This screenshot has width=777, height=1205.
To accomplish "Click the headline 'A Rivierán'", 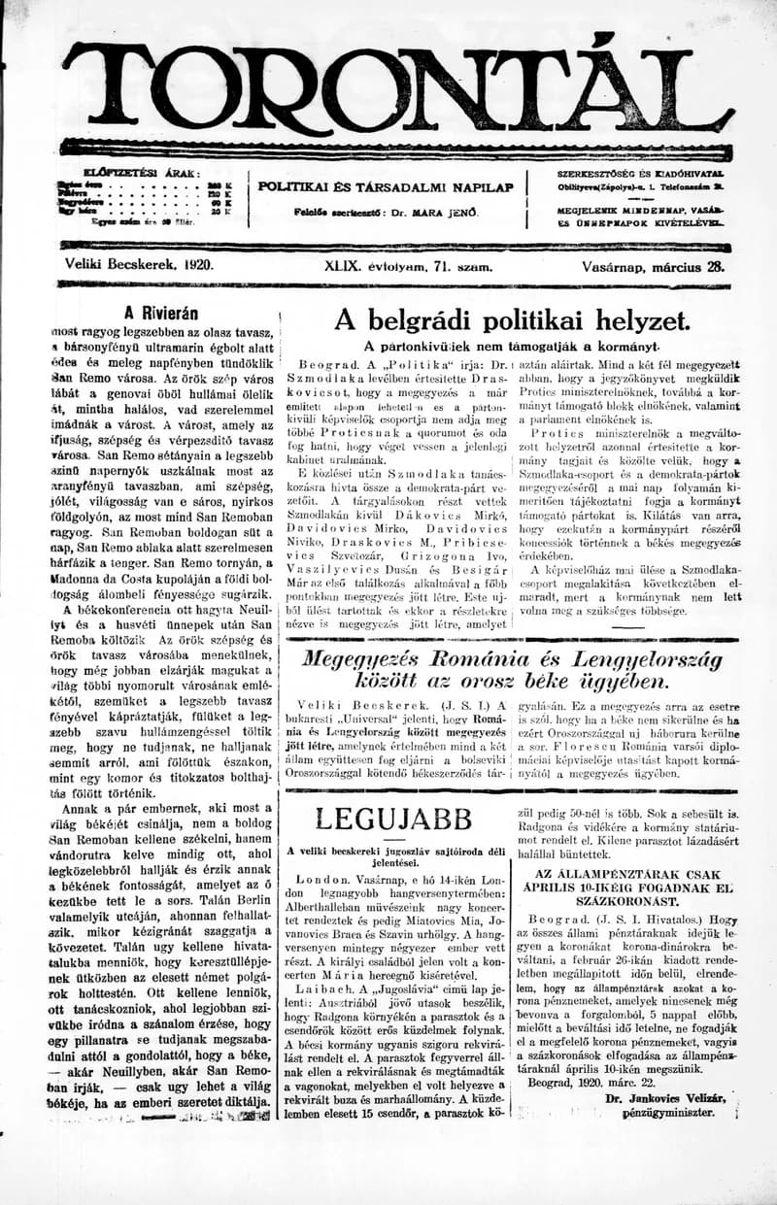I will click(x=161, y=313).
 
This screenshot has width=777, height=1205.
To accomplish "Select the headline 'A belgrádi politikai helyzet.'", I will click(x=512, y=321).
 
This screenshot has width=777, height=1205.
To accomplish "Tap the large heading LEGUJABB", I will click(x=392, y=818).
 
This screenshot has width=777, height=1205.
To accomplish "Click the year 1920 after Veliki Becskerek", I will click(x=196, y=264).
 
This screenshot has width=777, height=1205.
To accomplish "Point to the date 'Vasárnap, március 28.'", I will click(x=654, y=264).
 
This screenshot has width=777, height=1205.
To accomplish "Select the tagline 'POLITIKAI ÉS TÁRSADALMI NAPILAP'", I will click(x=386, y=187).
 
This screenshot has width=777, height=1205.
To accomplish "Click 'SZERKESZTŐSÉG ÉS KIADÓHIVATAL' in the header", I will click(x=640, y=173).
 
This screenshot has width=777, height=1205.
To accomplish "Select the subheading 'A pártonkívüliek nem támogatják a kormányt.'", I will click(x=511, y=346).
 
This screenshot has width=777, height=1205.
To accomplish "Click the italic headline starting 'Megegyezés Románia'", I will click(x=513, y=671).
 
